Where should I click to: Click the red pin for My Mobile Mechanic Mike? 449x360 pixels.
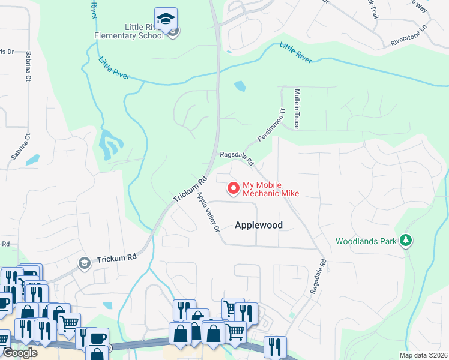tap(233, 188)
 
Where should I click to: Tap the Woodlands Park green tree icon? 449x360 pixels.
tap(407, 241)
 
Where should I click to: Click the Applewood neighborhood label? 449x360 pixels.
tap(258, 225)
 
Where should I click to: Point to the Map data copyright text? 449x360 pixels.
tap(423, 355)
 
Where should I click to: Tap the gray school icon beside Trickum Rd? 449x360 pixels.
tap(85, 262)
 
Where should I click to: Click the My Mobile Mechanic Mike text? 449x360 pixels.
tap(270, 190)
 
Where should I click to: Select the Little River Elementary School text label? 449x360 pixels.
tap(129, 31)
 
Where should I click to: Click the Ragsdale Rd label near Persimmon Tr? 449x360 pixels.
tap(237, 158)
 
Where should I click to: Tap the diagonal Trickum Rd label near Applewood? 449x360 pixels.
tap(190, 188)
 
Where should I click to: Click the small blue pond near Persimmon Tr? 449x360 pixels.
tap(240, 86)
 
